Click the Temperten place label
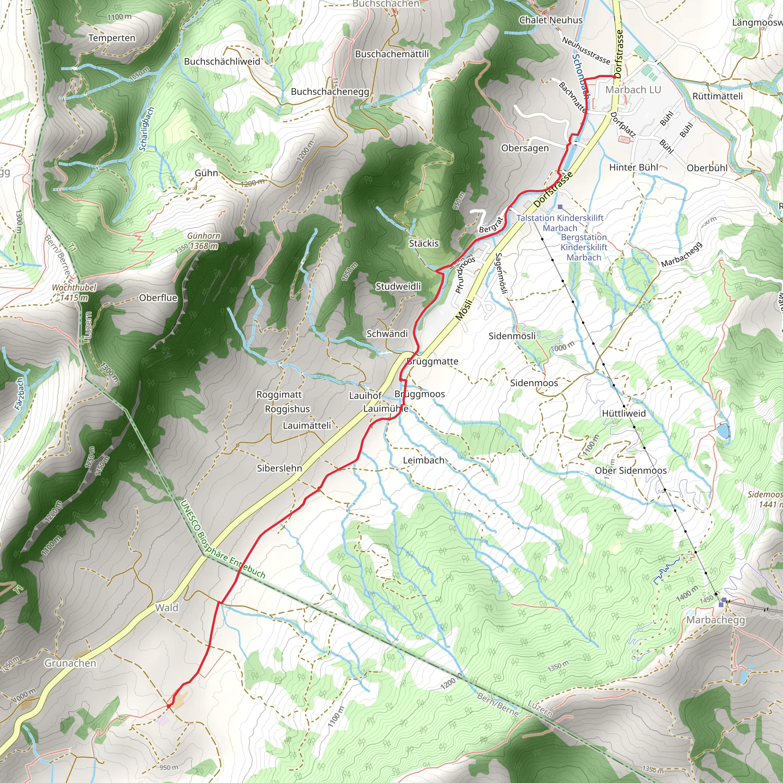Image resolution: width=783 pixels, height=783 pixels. (112, 38)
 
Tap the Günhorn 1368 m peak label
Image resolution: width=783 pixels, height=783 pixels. (203, 241)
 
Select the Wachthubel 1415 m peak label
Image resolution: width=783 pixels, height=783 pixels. (74, 292)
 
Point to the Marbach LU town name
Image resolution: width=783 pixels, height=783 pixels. (633, 89)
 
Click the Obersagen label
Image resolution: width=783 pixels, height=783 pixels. (525, 148)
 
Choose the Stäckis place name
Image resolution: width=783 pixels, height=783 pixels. (424, 244)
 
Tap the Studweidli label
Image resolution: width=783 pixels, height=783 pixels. (398, 286)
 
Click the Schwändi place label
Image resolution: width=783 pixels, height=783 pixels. (387, 334)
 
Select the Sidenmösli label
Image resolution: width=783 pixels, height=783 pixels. (512, 336)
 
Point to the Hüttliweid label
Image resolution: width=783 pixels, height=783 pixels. (624, 413)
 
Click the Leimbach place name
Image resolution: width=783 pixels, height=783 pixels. (424, 460)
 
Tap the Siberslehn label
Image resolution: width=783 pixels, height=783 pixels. (279, 468)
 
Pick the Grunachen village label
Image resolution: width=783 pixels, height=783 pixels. (70, 663)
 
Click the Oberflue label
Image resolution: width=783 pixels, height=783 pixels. (158, 298)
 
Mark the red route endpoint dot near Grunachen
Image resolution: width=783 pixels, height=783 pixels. (169, 706)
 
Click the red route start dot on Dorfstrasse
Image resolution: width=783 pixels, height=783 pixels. (615, 76)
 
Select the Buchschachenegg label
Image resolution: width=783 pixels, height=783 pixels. (330, 92)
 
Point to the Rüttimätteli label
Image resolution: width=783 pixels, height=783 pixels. (717, 96)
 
